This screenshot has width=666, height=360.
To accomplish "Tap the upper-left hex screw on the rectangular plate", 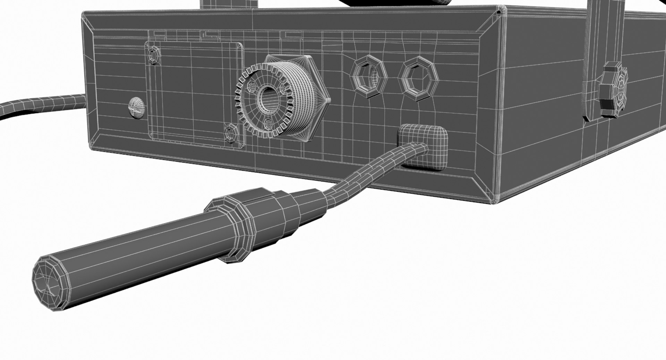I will click(153, 55).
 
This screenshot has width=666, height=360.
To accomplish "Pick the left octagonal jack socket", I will click(369, 76).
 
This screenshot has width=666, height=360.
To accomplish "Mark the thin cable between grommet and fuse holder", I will click(368, 173).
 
